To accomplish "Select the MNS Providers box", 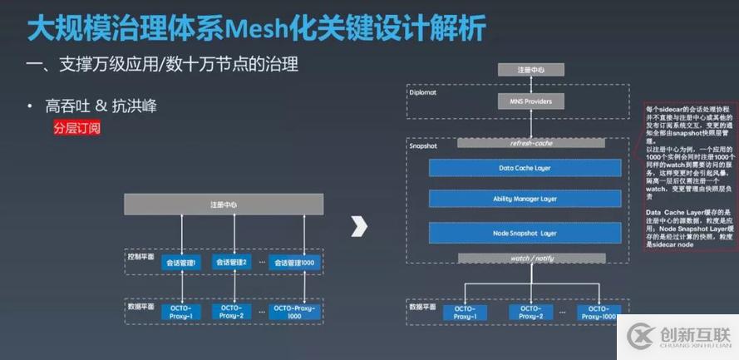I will pyautogui.click(x=524, y=101).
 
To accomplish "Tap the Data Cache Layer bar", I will pyautogui.click(x=524, y=167).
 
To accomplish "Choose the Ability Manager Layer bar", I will pyautogui.click(x=524, y=200).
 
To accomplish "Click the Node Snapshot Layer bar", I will pyautogui.click(x=524, y=232).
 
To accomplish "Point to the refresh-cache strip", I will pyautogui.click(x=524, y=142).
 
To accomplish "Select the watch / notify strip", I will pyautogui.click(x=524, y=259).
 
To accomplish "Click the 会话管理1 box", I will pyautogui.click(x=180, y=262).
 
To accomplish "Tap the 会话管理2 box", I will pyautogui.click(x=232, y=262).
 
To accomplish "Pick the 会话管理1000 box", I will pyautogui.click(x=294, y=262).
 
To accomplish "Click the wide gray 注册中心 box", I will pyautogui.click(x=224, y=204).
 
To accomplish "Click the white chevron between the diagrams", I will pyautogui.click(x=358, y=226).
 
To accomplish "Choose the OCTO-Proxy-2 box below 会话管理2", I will pyautogui.click(x=232, y=312).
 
